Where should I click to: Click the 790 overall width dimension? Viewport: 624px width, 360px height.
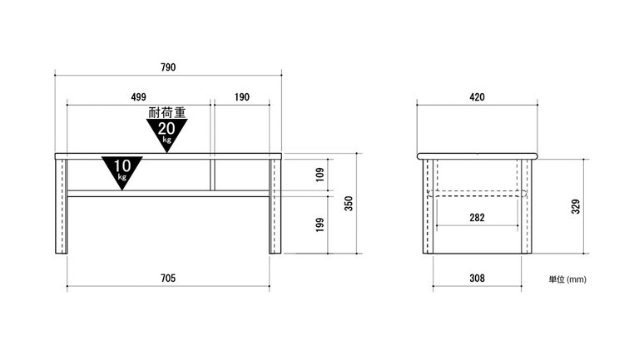pos(168,67)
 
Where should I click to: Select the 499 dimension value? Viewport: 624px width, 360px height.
pos(138,97)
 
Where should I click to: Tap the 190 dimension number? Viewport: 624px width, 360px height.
pos(242,97)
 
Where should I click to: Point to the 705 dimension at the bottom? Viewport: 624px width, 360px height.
pos(168,278)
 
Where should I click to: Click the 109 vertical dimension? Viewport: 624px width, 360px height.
pos(320,175)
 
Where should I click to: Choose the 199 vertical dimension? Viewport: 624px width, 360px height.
pos(320,224)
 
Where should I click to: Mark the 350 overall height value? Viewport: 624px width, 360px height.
pos(349,203)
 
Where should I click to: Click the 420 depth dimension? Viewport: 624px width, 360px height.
pos(478,97)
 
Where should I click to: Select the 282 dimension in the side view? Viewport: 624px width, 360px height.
pos(478,218)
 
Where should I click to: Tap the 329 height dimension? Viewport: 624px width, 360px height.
pos(576,206)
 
